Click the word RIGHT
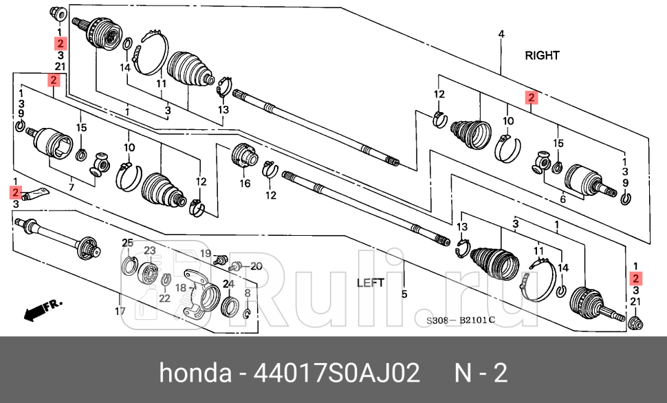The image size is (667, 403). click(x=542, y=55)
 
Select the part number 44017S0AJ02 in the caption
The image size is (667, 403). click(x=337, y=373)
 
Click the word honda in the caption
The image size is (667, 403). click(x=195, y=373)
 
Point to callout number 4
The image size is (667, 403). click(x=501, y=34)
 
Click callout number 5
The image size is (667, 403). click(x=404, y=294)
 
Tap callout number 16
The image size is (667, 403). click(x=245, y=184)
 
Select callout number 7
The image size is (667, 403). click(x=72, y=186)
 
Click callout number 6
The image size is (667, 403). click(x=562, y=198)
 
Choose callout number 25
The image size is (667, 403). click(x=127, y=243)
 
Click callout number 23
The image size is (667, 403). click(x=149, y=250)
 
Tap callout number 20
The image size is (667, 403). click(x=256, y=265)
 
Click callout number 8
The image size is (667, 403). click(x=248, y=293)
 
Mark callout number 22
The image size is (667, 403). click(x=164, y=298)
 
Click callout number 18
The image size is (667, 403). click(x=180, y=288)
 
